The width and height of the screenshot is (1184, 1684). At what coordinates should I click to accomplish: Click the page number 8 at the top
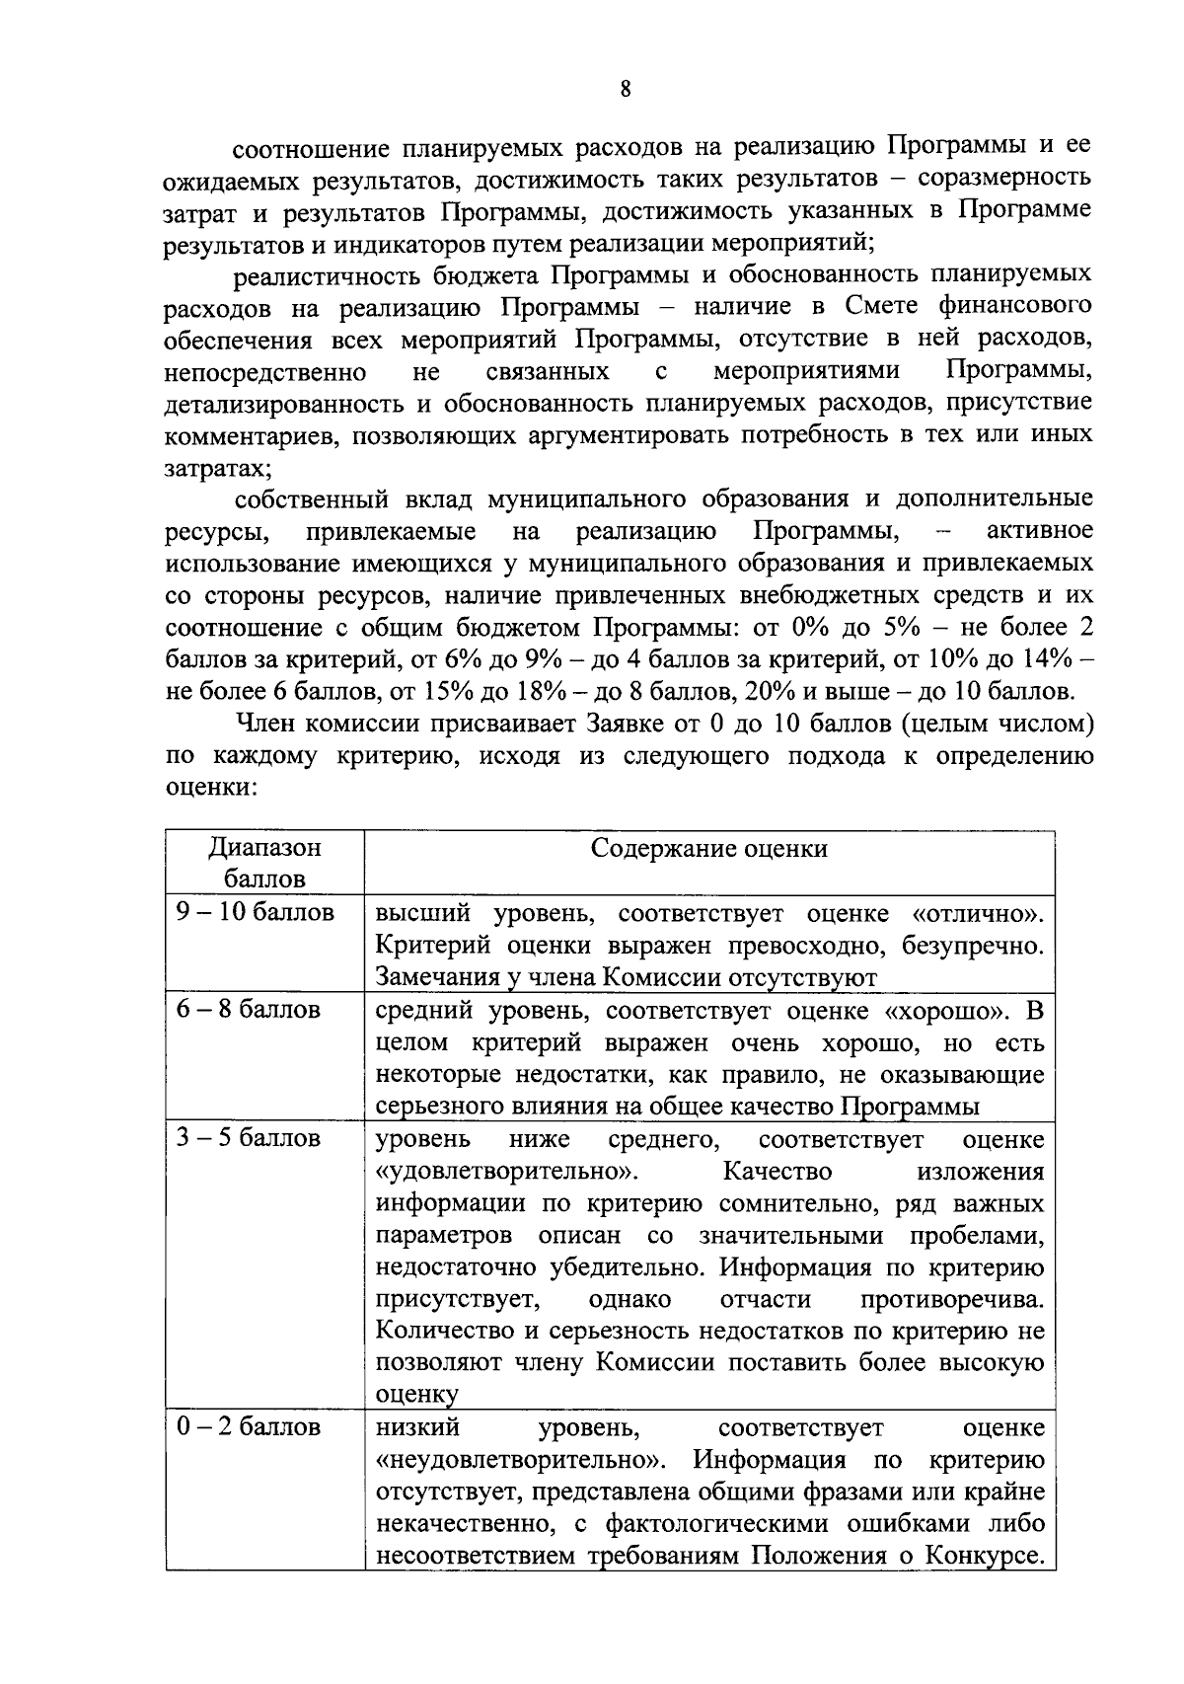click(625, 88)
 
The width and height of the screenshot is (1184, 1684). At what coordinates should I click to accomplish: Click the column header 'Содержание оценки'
click(708, 849)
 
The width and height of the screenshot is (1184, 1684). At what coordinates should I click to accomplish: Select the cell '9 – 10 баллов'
click(256, 912)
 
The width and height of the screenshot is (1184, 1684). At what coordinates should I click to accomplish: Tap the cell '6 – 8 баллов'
click(249, 1010)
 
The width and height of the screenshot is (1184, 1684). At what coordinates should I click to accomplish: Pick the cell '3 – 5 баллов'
click(249, 1138)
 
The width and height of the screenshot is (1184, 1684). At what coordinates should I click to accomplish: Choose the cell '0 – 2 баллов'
click(249, 1427)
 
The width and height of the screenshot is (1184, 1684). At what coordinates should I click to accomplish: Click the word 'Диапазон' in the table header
click(264, 847)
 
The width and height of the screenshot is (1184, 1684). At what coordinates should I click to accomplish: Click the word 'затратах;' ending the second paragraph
click(218, 467)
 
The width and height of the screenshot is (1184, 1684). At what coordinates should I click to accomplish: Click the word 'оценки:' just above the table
click(211, 788)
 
